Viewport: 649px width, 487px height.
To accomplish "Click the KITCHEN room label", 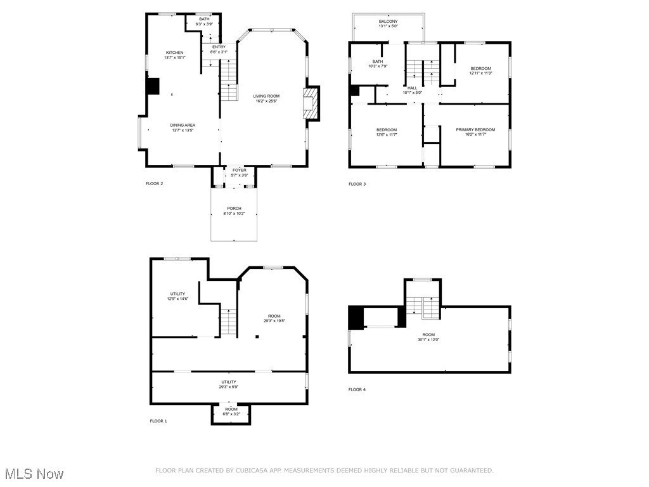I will pos(175,53).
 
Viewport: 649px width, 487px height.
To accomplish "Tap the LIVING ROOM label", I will pos(267,96).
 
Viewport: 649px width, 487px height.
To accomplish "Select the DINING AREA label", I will pos(182,126).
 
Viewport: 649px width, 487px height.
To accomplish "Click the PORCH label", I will pos(234,209).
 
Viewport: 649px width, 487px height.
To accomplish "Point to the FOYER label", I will pos(239,170).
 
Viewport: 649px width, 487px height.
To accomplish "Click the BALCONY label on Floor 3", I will pos(388,22).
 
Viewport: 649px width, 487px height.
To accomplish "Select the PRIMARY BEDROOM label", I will pos(475,129).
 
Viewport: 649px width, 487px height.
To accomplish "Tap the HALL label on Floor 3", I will pos(412,88).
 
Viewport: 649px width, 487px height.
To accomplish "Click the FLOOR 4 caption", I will pos(357,389).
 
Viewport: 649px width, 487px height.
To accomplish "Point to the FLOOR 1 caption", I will pos(158,421).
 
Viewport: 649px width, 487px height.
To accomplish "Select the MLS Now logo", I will pos(34,474).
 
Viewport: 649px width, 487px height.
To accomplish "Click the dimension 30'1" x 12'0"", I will pos(429,340).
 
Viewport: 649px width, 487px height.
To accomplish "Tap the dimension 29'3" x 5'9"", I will pos(229,387).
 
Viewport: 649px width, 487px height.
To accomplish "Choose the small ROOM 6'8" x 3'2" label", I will pos(231,412).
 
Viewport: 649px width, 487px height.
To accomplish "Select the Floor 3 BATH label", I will pos(377,62).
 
